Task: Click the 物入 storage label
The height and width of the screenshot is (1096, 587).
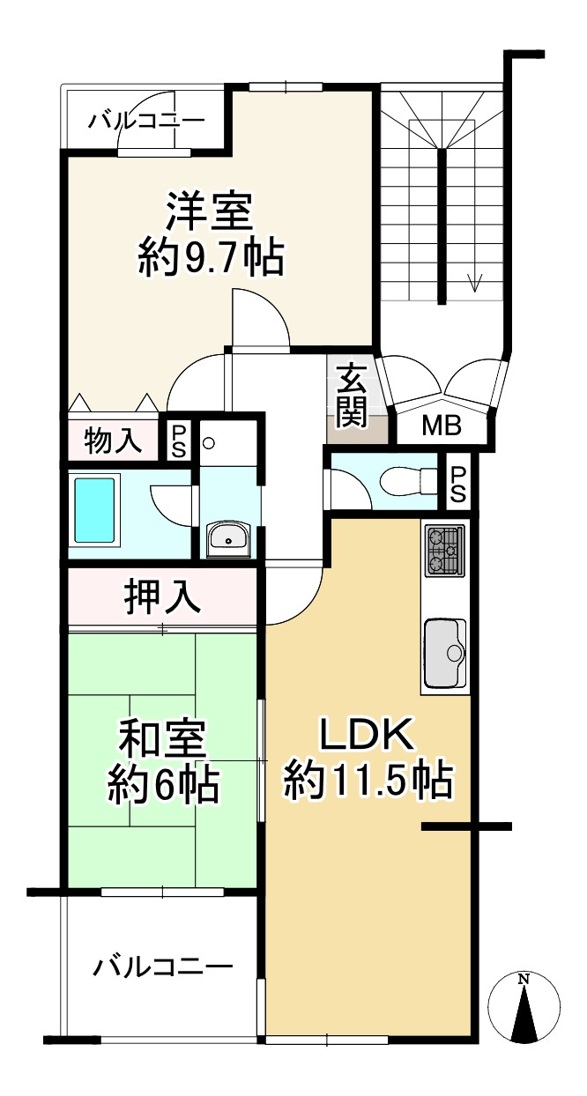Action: pos(113,441)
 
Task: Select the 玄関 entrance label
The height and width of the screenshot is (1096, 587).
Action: pos(351,396)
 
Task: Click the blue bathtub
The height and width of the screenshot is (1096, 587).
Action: pos(95,511)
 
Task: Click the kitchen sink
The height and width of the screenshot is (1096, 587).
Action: pos(444,653)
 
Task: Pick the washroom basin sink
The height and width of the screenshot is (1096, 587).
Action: pos(229,538)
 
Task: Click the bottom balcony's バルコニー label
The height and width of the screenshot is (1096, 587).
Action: pos(163,967)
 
